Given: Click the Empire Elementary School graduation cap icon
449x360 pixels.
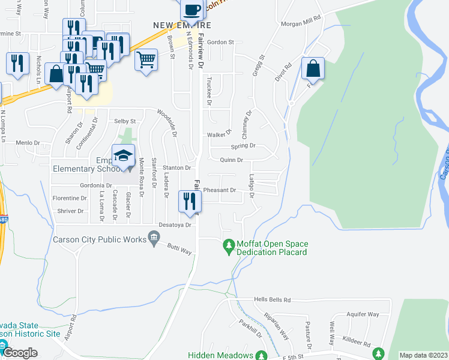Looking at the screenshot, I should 123,155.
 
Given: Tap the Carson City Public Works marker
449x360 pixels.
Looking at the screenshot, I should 153,240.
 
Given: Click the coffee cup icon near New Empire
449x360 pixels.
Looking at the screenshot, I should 192,10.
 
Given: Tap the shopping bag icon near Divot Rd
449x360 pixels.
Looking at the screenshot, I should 313,69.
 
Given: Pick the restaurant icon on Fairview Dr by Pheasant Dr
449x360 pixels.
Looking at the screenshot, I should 188,200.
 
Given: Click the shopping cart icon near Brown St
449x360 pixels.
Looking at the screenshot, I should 146,61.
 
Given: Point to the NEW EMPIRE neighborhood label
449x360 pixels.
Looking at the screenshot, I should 182,26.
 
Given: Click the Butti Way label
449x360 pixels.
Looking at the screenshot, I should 179,248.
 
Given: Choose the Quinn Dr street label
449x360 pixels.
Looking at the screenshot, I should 231,160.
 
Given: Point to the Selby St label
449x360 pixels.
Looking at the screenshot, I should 125,121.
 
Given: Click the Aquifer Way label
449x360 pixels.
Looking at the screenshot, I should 365,314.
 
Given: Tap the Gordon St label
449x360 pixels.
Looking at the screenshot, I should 220,43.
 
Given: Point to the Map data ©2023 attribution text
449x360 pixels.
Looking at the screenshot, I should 423,355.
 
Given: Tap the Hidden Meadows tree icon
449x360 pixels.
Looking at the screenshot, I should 261,355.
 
